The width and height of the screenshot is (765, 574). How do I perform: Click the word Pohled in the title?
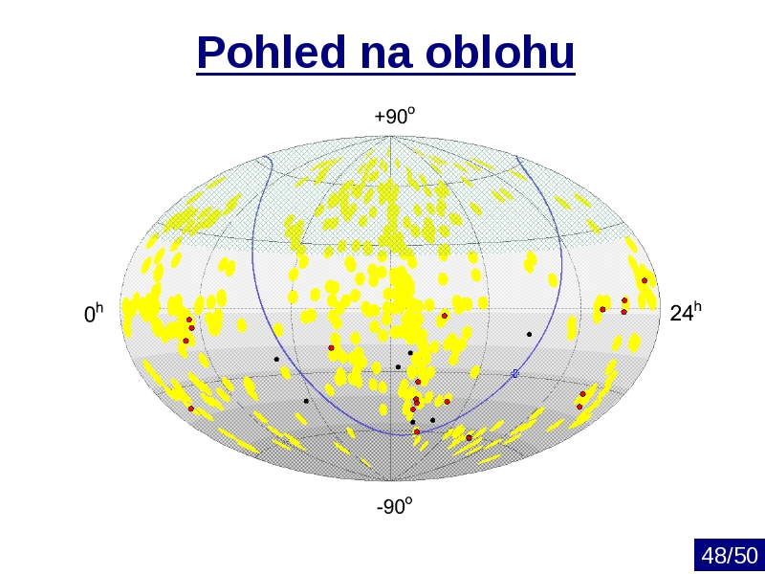pos(272,52)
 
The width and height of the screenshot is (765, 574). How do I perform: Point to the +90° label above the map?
pos(394,116)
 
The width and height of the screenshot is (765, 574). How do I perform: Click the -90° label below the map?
pos(394,506)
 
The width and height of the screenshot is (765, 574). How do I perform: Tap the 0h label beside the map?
pos(94,313)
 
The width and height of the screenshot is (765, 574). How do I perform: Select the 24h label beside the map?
pos(686,312)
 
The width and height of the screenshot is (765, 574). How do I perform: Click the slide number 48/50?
pos(730,556)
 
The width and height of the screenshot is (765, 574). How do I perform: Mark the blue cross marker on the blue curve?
pos(514,373)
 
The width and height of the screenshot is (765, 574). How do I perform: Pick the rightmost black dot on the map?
pos(529,334)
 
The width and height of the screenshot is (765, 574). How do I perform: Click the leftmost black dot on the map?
pos(276,360)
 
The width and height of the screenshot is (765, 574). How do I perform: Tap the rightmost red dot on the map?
pos(645,280)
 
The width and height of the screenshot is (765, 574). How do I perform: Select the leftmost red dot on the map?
pos(186,341)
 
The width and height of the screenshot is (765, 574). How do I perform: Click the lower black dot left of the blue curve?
pos(306,401)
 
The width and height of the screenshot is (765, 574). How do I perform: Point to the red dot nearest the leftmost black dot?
pos(331,348)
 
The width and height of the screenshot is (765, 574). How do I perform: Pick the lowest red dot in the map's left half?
pos(190,408)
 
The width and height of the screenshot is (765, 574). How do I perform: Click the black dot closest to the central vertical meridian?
pos(398,367)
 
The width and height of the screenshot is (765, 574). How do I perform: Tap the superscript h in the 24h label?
pos(697,306)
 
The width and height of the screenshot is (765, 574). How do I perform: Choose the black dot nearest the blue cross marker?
pos(529,334)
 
